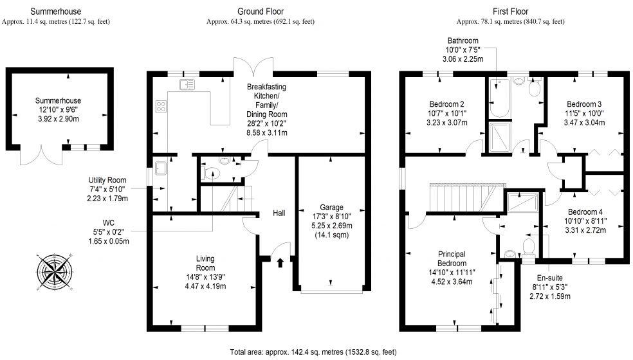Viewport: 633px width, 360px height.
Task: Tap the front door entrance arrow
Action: (x=280, y=262)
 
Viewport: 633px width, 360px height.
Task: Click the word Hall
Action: (x=279, y=213)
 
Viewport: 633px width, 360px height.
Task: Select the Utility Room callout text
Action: (x=108, y=189)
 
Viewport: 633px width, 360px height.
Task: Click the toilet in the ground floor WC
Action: (x=211, y=173)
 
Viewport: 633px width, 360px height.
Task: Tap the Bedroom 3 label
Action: (x=583, y=113)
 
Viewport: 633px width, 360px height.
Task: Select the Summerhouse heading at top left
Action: (x=56, y=11)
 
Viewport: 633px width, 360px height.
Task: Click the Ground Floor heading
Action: (x=260, y=11)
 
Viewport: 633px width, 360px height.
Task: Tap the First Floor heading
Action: (x=510, y=11)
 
